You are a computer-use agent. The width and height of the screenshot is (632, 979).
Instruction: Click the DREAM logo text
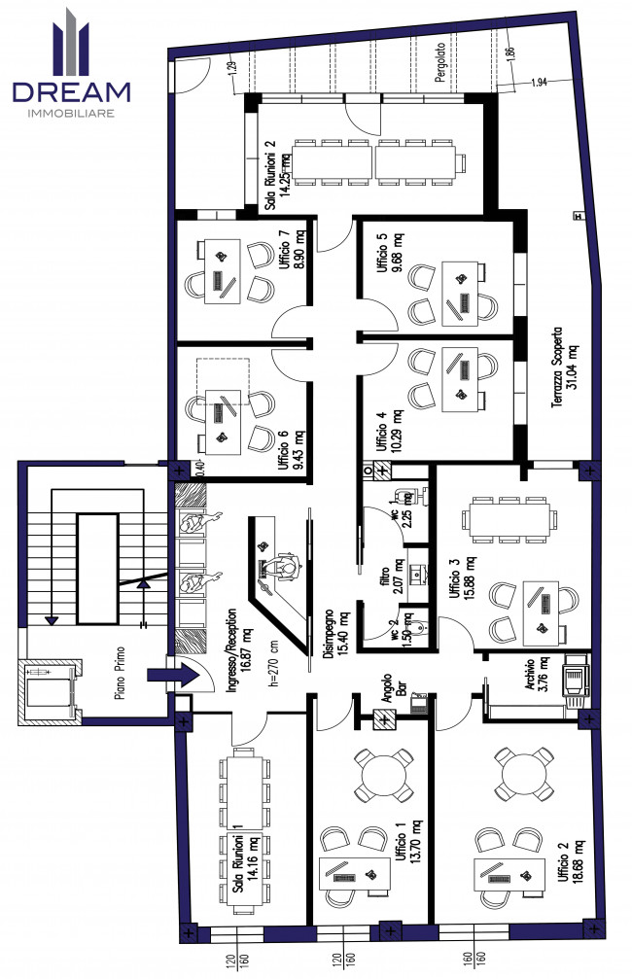click(71, 92)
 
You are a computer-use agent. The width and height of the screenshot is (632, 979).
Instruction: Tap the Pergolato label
click(440, 62)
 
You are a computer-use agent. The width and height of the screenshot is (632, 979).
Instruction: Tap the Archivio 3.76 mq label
click(536, 674)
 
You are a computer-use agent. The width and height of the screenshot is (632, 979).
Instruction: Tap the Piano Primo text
click(120, 673)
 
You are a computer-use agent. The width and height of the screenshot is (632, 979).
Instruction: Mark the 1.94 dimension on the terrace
click(539, 83)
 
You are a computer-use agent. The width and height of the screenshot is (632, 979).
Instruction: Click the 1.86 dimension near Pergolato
click(510, 53)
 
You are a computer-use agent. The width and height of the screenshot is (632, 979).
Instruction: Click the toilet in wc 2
click(419, 625)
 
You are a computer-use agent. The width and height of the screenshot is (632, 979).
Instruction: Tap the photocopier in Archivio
click(575, 681)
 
